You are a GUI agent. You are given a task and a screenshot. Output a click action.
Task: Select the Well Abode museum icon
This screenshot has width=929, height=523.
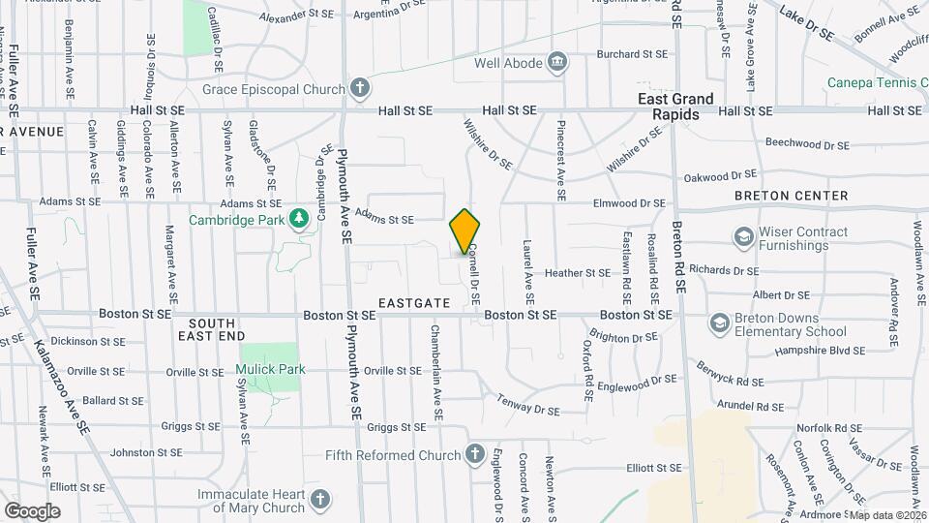tap(557, 65)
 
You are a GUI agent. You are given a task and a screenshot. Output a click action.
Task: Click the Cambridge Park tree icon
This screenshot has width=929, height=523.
tap(300, 218)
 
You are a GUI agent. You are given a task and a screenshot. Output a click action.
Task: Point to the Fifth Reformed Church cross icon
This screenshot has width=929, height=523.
tap(474, 454)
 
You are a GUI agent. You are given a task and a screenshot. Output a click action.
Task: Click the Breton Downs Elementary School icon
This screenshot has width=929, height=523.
tap(719, 322)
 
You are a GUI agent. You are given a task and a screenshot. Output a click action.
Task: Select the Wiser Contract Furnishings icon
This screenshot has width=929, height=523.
tap(743, 237)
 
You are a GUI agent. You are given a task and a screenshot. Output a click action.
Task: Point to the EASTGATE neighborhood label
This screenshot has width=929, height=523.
tap(414, 303)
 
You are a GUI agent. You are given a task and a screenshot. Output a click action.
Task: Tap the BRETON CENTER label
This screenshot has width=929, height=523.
tap(791, 196)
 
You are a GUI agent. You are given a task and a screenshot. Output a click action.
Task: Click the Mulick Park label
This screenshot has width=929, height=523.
tap(270, 369)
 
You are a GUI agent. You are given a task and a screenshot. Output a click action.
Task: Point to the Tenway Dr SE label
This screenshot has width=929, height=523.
tap(528, 405)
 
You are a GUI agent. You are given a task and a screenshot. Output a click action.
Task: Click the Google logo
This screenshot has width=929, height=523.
tap(32, 510)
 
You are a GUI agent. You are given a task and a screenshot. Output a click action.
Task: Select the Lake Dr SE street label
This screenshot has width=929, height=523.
tap(807, 21)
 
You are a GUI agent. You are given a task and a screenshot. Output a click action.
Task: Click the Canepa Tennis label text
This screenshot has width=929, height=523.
tap(877, 84)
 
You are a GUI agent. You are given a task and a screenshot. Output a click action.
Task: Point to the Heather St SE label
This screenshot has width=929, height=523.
tap(578, 273)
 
